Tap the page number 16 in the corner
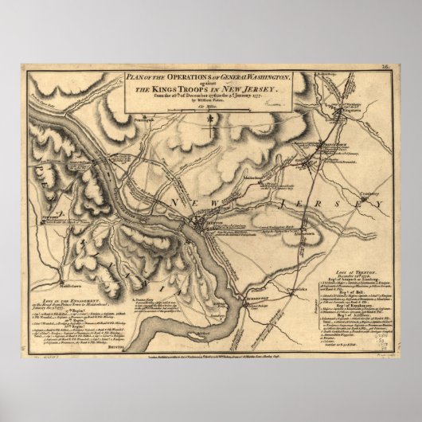385,69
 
